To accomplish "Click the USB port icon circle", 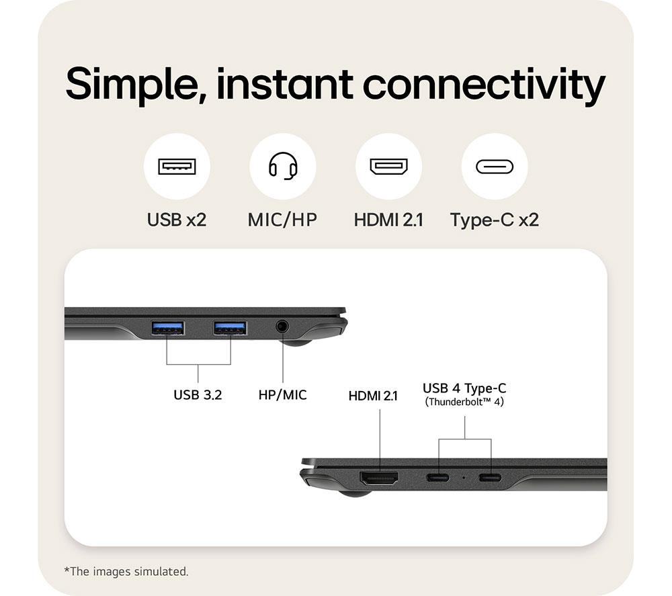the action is (x=177, y=166).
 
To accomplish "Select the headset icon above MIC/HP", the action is (x=283, y=166).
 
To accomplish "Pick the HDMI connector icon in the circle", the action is (x=388, y=166).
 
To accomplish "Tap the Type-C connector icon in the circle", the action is (x=495, y=166).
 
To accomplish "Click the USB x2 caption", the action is (x=177, y=220).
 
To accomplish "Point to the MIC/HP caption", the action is (x=282, y=220).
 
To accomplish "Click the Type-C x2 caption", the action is (x=495, y=220).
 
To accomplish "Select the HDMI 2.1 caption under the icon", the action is (x=388, y=220).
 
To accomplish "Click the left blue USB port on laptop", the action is (x=167, y=328).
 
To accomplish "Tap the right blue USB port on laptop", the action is (x=230, y=328).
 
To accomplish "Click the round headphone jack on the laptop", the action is (x=282, y=327).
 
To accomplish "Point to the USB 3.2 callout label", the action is (x=198, y=394).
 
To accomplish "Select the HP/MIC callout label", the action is (x=282, y=394).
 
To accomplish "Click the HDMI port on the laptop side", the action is (x=379, y=478).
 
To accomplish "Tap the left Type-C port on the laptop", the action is (x=438, y=478).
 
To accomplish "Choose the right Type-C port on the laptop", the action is (x=491, y=478).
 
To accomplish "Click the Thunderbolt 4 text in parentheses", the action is (x=464, y=402).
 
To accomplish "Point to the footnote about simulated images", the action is (x=126, y=571).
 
